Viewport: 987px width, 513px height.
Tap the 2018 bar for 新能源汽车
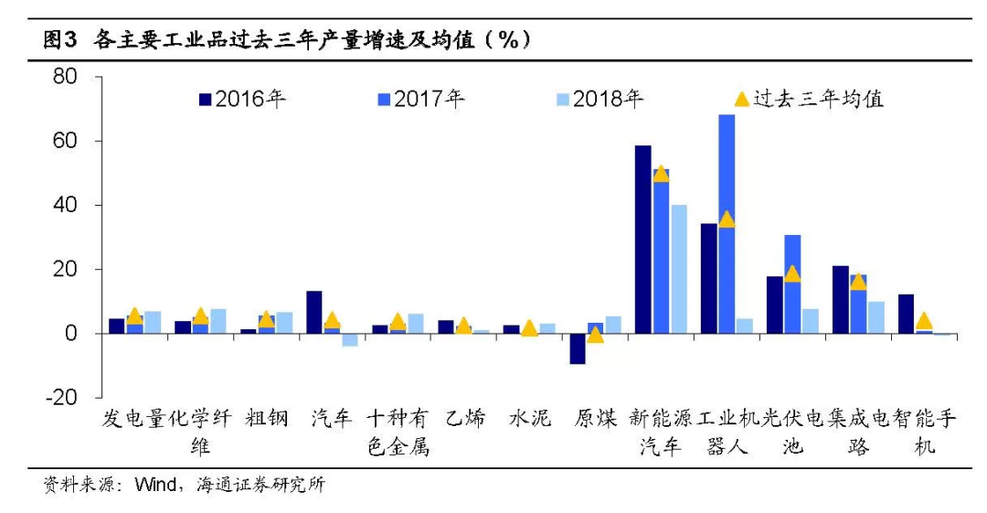(x=679, y=269)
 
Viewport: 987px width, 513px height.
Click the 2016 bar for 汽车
(x=314, y=312)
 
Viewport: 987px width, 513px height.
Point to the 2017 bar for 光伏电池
(x=792, y=283)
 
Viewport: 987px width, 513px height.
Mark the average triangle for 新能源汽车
(x=662, y=174)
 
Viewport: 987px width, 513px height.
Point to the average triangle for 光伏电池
(x=792, y=273)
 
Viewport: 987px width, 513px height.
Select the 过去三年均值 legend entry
(x=809, y=99)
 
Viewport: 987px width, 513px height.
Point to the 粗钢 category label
(x=267, y=420)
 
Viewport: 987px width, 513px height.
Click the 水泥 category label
(x=530, y=420)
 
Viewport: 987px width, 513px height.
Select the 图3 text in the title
(x=62, y=41)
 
